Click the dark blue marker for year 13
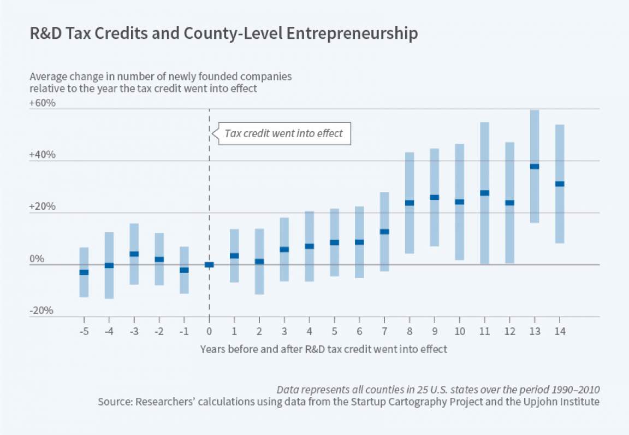point(535,166)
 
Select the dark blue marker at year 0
point(209,264)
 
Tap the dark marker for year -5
point(84,272)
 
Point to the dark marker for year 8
point(410,203)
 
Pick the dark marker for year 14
point(560,184)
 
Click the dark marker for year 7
point(384,232)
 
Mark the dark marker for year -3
point(134,254)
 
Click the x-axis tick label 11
point(484,331)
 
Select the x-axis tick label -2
point(158,331)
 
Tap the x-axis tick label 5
point(334,331)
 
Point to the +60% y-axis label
point(43,103)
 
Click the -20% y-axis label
point(43,310)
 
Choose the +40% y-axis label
point(43,155)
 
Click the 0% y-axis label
point(37,258)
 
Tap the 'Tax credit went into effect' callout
point(283,133)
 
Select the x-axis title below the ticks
point(323,349)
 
